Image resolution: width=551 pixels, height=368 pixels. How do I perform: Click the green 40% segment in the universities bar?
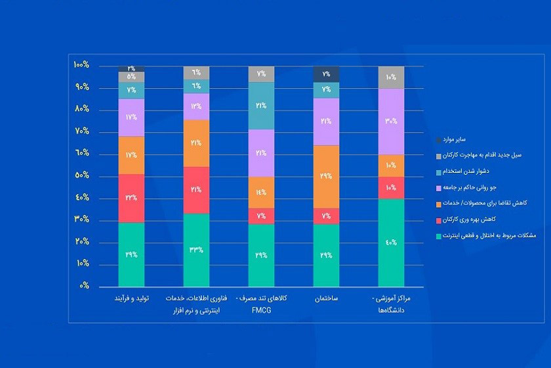[x=391, y=242]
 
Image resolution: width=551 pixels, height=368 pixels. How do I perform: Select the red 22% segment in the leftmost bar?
[x=131, y=198]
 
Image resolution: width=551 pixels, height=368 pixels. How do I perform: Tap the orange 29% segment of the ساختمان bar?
[x=326, y=176]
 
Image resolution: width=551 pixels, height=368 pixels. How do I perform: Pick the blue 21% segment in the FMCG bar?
[x=261, y=105]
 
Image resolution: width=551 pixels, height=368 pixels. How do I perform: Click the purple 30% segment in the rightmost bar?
[x=391, y=121]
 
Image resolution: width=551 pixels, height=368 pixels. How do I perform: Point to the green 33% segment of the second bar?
[x=196, y=250]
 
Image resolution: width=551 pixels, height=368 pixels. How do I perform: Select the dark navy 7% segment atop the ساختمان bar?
[x=326, y=74]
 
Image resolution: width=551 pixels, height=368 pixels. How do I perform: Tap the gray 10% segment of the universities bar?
[x=391, y=77]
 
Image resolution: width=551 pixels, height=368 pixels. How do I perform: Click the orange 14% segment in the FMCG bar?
[x=261, y=192]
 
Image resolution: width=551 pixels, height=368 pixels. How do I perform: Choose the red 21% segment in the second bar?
[x=196, y=190]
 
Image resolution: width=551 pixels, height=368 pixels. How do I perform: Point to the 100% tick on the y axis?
[x=81, y=65]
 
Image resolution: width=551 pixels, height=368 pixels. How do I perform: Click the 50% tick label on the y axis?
[x=81, y=175]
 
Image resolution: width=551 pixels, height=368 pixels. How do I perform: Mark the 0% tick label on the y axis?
[x=83, y=286]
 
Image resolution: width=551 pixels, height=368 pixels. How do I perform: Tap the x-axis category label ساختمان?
[x=326, y=298]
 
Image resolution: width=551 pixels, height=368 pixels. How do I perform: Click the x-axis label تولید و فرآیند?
[x=131, y=298]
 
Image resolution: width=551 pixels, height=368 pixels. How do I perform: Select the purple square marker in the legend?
[x=438, y=188]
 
